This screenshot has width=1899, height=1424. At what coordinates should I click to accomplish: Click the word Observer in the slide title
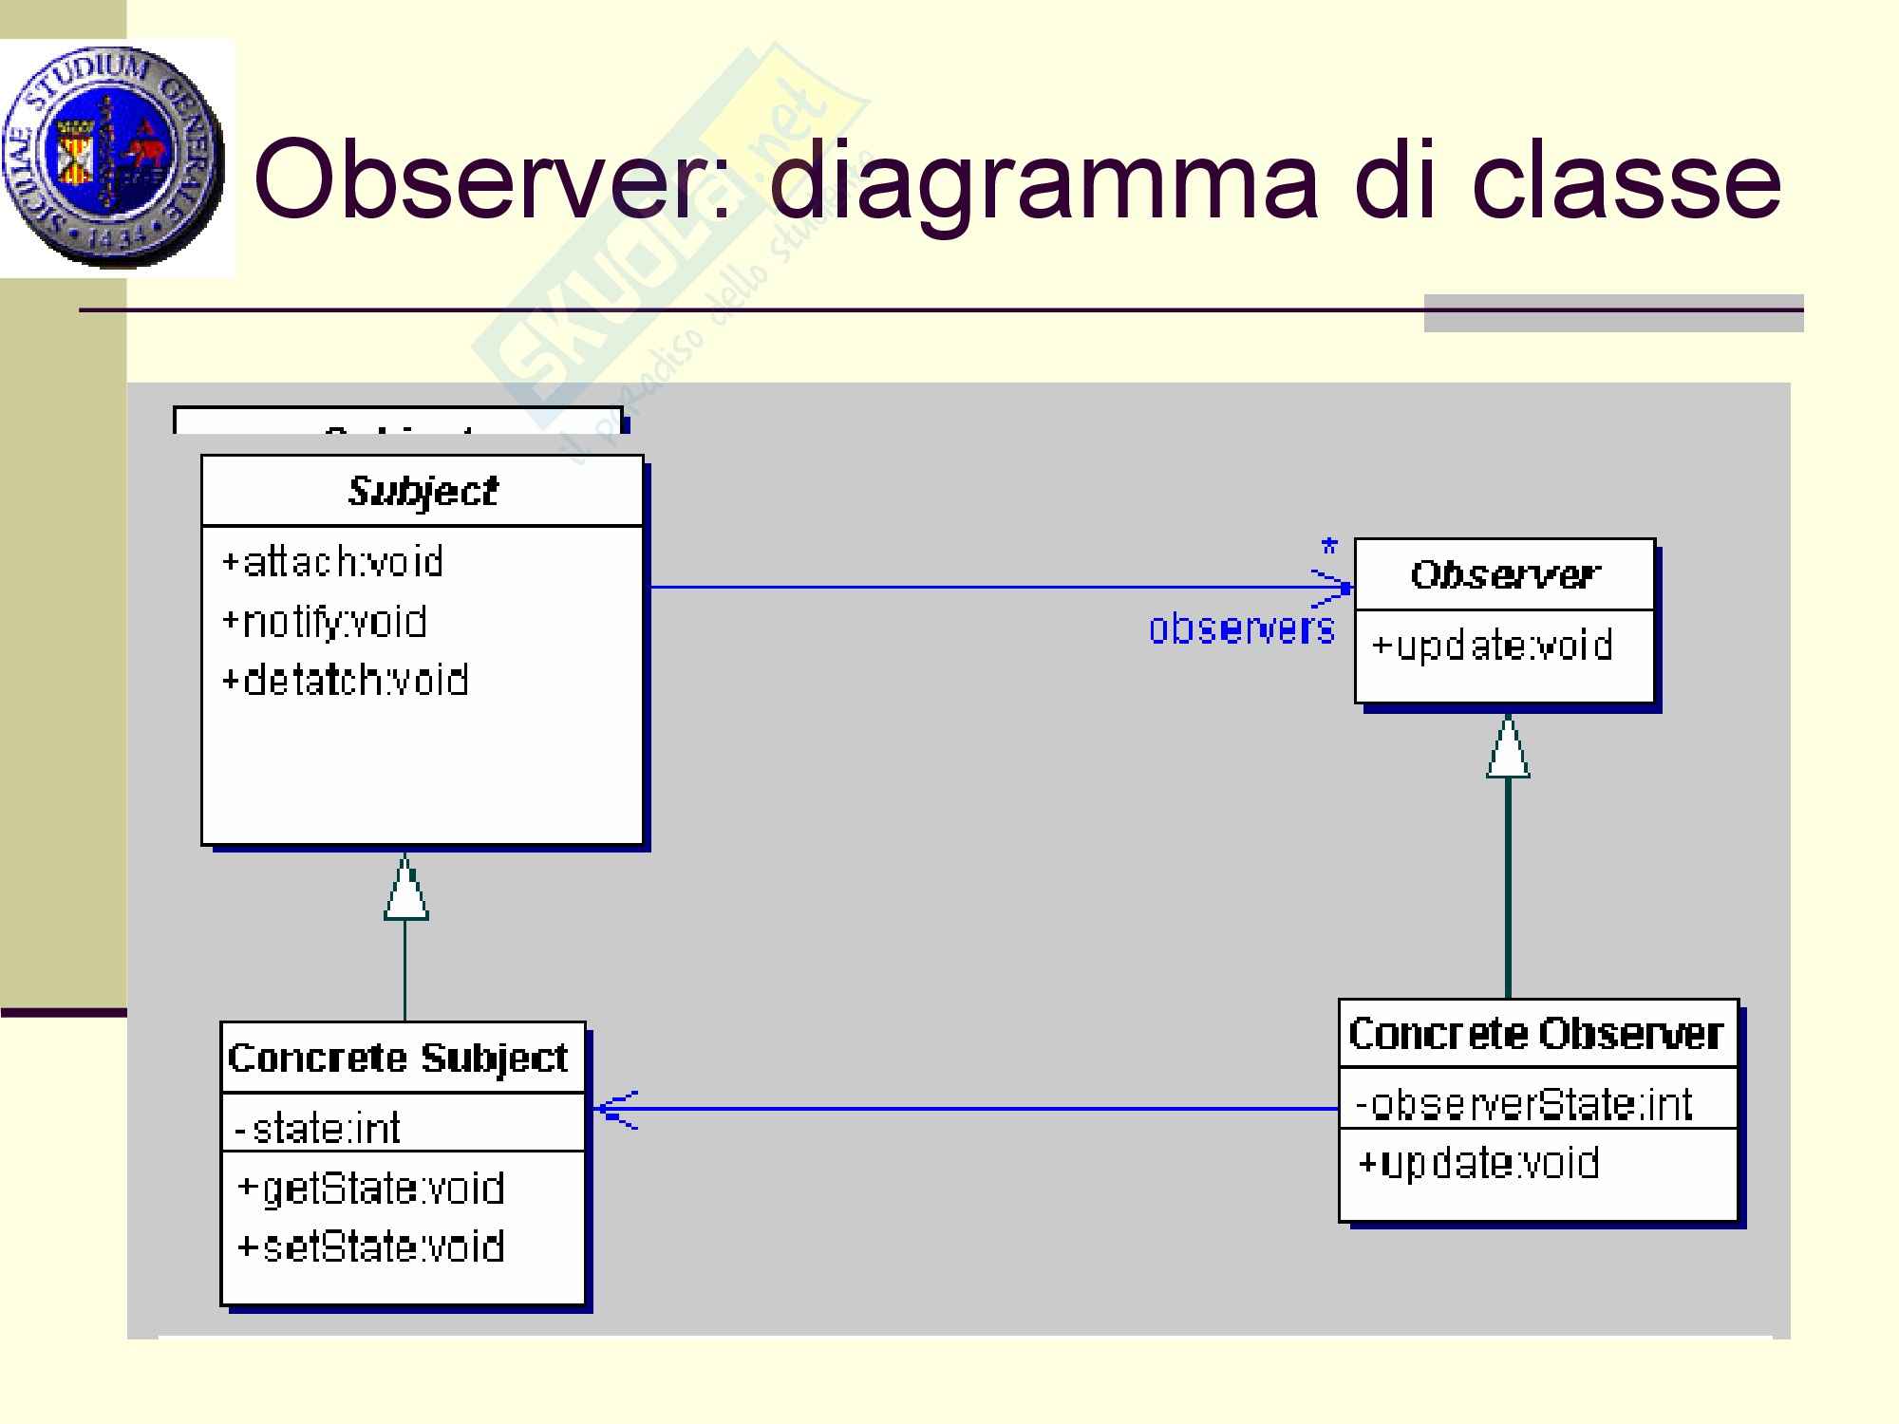(x=494, y=180)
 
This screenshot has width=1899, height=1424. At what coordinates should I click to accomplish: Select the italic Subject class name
(x=423, y=492)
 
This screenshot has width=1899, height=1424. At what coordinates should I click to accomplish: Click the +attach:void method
(x=332, y=563)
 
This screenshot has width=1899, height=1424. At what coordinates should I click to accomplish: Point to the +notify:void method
(x=324, y=622)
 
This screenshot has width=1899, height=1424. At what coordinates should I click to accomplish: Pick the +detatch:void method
(x=345, y=681)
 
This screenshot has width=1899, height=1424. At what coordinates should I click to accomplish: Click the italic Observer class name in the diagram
(x=1505, y=574)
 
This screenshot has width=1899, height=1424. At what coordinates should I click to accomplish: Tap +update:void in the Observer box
(x=1492, y=646)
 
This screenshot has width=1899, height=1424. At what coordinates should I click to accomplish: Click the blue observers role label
(x=1241, y=628)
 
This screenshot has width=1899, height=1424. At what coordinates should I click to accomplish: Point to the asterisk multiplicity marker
(x=1329, y=548)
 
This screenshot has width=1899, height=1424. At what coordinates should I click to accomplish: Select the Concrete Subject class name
(x=398, y=1058)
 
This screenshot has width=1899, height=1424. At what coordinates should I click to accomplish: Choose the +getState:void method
(x=370, y=1189)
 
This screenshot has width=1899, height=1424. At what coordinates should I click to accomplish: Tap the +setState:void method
(x=370, y=1246)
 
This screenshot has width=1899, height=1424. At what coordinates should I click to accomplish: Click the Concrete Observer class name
(x=1535, y=1034)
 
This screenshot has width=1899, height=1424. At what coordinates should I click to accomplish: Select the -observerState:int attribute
(x=1524, y=1104)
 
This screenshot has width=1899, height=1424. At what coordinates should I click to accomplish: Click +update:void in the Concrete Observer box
(x=1478, y=1163)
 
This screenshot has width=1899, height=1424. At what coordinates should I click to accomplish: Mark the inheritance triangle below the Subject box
(x=405, y=890)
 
